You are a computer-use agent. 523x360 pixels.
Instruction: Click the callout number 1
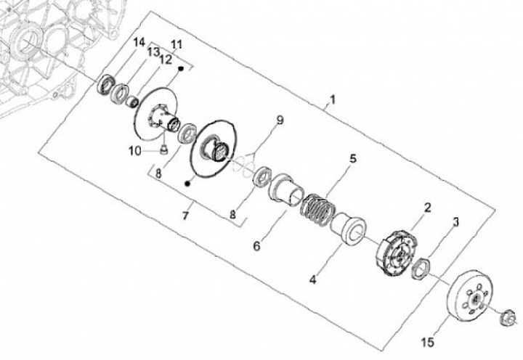coord(332,99)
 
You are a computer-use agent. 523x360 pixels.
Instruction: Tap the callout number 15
coord(428,342)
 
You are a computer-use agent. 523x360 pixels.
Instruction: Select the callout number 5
coord(353,158)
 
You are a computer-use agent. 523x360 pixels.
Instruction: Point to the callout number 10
coord(135,152)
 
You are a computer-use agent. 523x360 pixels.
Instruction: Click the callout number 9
coord(280,120)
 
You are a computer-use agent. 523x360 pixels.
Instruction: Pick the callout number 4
coord(312,279)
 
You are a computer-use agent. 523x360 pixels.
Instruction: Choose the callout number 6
coord(256,246)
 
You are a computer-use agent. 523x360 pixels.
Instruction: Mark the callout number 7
coord(185,216)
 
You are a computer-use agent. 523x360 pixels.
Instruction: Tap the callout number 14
coord(139,42)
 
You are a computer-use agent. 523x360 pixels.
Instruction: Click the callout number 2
coord(427,208)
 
